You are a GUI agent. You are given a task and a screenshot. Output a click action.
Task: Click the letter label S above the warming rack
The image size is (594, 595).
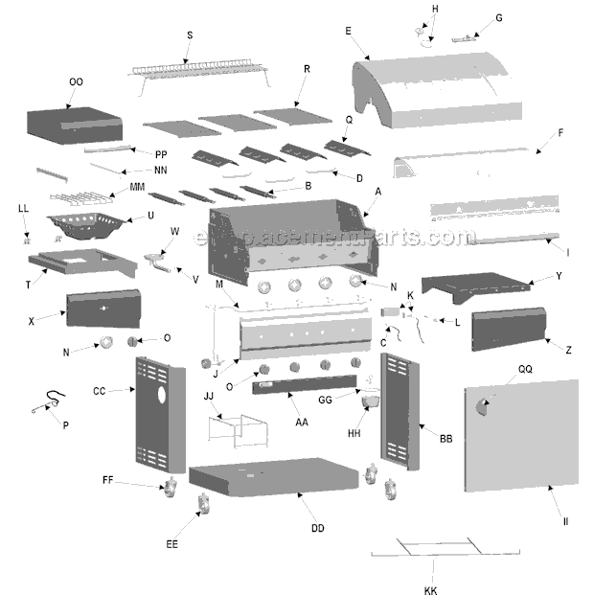189,35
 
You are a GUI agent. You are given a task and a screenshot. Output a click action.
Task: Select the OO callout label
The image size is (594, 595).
76,82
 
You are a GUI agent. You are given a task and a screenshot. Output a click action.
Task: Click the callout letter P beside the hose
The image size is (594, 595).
65,424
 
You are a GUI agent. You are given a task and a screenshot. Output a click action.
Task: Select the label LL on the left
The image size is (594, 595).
23,208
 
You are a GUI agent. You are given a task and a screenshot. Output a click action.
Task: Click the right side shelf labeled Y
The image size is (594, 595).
475,284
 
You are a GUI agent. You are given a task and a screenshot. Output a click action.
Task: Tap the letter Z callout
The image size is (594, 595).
568,351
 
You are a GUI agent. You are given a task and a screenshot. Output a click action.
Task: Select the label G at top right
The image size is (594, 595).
498,18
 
